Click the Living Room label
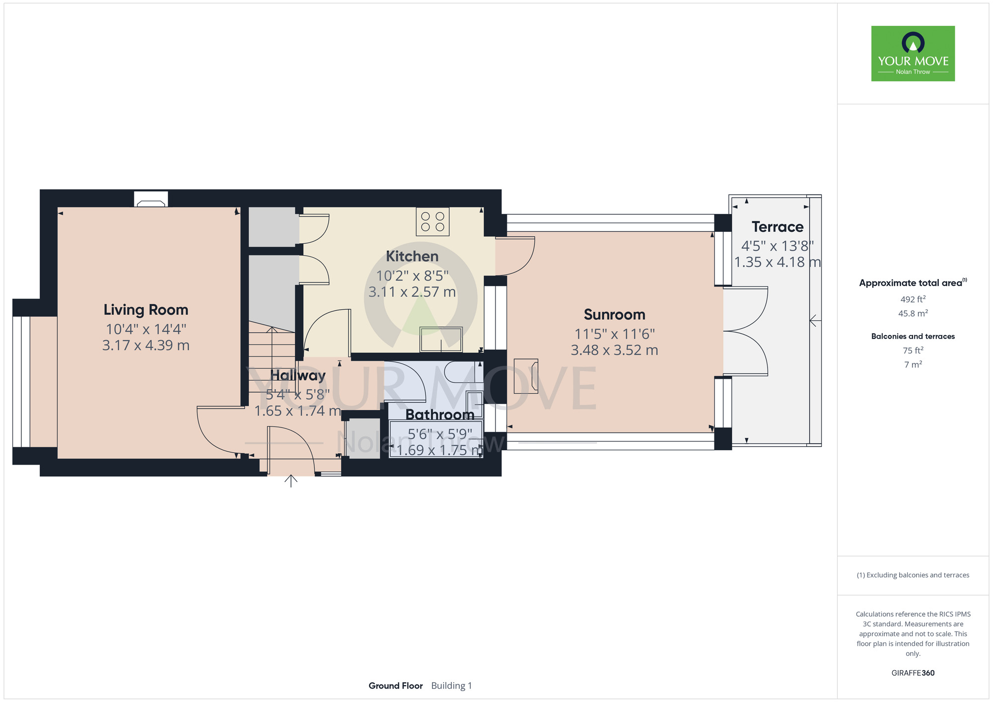pos(146,310)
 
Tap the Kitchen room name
pos(412,256)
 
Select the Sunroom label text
pos(615,315)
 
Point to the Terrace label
pos(778,227)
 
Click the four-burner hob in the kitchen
pos(433,221)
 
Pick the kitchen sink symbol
pos(441,340)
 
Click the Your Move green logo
pos(913,54)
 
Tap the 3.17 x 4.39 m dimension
pos(146,345)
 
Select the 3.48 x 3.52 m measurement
pos(615,350)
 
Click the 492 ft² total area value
pos(913,299)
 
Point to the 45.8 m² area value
pos(913,313)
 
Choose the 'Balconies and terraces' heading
pos(913,336)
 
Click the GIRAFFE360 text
pos(913,673)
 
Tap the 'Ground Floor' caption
pos(396,686)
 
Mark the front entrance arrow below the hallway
pos(291,481)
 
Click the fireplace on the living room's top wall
pos(151,199)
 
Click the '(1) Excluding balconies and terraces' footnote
pos(913,575)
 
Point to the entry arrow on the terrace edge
pos(815,321)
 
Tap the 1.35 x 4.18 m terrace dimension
pos(778,262)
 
